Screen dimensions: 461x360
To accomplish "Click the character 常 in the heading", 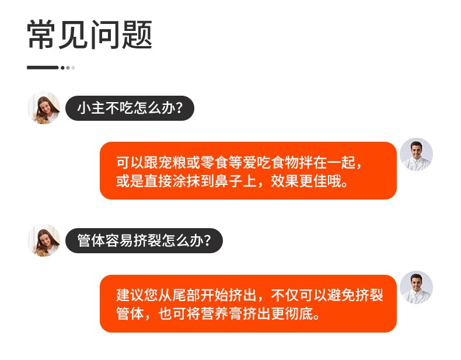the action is coord(41,34).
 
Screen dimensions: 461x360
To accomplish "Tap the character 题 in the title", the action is coord(137,34).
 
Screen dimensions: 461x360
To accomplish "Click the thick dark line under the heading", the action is coord(43,68).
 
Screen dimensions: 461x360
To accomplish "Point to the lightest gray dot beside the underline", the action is coord(73,68).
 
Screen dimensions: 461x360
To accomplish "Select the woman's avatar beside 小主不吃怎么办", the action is coord(44,108).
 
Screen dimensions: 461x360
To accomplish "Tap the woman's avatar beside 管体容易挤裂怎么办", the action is coord(44,240).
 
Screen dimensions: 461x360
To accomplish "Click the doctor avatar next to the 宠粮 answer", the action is coord(416,154).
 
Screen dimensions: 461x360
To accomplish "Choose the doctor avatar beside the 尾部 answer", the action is coord(416,287).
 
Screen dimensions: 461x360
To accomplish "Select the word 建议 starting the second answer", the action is coord(130,295).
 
